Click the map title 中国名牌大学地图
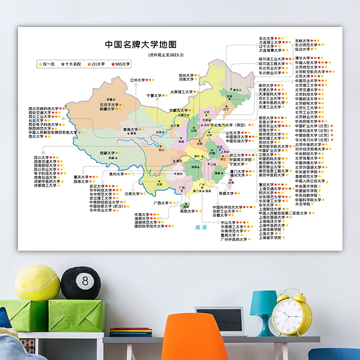(x=140, y=45)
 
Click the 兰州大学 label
(x=138, y=80)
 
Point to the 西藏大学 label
(x=108, y=153)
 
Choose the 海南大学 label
(x=189, y=211)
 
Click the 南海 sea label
(x=201, y=228)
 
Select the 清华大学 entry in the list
(x=303, y=58)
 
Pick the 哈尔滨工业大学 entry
(x=272, y=58)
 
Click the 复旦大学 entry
(x=266, y=184)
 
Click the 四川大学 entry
(x=41, y=157)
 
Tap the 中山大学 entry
(x=228, y=222)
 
